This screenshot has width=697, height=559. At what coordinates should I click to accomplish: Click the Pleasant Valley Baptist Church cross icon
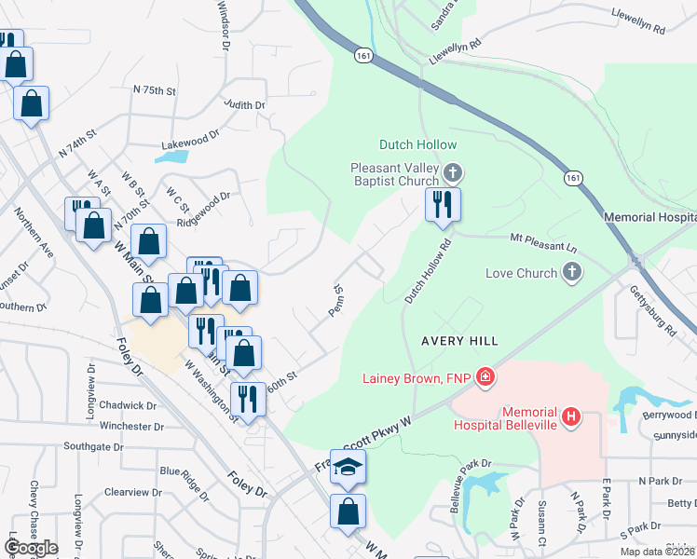click(x=453, y=172)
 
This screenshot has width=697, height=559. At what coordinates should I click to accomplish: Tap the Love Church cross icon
click(x=573, y=273)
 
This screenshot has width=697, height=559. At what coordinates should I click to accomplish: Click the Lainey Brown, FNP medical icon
click(x=485, y=377)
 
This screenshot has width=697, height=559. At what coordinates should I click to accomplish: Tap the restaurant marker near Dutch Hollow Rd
click(x=443, y=204)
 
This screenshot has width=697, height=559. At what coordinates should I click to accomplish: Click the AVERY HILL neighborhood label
click(x=458, y=342)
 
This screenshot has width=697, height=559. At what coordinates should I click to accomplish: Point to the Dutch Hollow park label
click(x=418, y=144)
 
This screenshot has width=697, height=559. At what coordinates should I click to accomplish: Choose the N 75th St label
click(x=155, y=90)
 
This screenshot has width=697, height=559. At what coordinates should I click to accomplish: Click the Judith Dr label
click(x=245, y=105)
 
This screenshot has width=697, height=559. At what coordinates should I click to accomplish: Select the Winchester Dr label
click(x=131, y=427)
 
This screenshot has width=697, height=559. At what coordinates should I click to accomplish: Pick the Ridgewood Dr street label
click(x=203, y=210)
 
